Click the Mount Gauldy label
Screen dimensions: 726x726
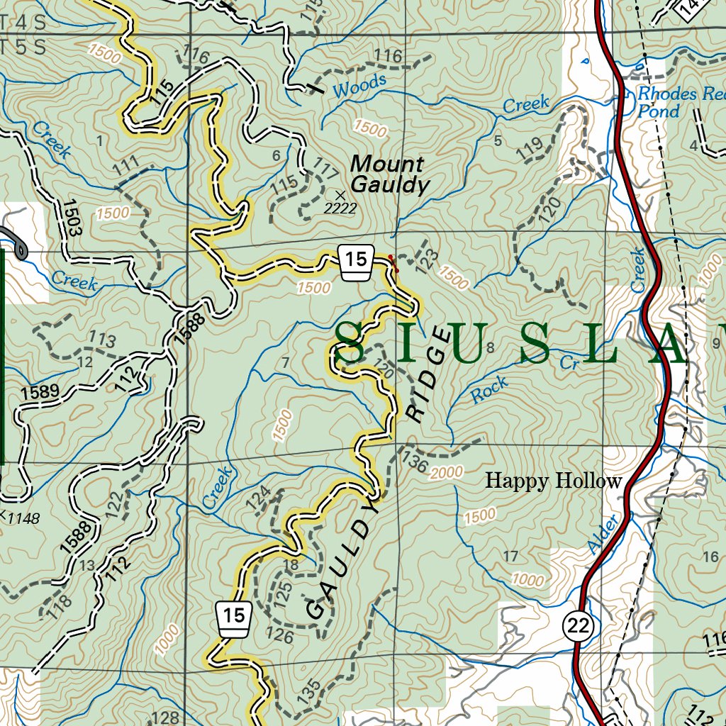(390, 175)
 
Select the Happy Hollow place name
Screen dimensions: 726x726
(553, 481)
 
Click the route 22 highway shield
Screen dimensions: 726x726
(578, 625)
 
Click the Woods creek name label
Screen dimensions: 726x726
(359, 86)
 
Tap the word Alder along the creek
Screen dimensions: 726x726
(603, 534)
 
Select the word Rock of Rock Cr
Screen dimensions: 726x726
(490, 391)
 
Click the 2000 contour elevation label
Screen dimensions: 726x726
(446, 472)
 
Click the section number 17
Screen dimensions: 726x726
(510, 556)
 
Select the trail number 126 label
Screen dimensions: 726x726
(281, 636)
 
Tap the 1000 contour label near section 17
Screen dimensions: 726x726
(528, 580)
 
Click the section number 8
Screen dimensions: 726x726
(489, 347)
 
